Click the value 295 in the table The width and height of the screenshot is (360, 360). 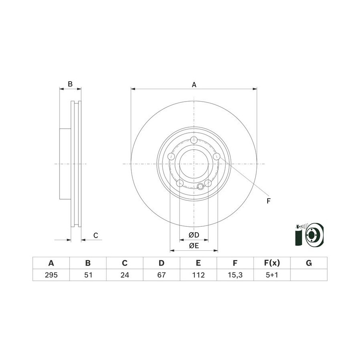pyautogui.click(x=51, y=275)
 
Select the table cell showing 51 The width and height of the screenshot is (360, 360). pyautogui.click(x=88, y=275)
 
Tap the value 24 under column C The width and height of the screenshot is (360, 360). pyautogui.click(x=125, y=275)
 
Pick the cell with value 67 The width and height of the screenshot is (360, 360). pyautogui.click(x=162, y=275)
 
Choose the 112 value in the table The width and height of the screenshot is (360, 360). pyautogui.click(x=198, y=275)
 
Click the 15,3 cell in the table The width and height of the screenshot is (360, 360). pyautogui.click(x=235, y=275)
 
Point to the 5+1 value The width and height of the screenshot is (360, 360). pyautogui.click(x=272, y=275)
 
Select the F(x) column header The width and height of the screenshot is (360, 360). pyautogui.click(x=272, y=263)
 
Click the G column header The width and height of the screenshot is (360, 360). pyautogui.click(x=309, y=263)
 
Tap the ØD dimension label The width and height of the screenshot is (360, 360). pyautogui.click(x=194, y=235)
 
